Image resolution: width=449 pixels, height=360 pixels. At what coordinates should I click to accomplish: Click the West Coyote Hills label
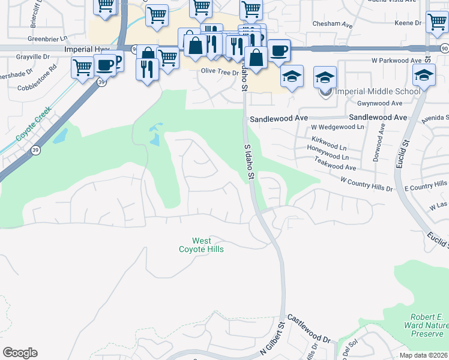[201, 245]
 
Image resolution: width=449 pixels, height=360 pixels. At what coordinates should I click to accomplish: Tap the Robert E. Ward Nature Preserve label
[427, 325]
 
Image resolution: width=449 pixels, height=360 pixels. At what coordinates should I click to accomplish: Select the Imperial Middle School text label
[377, 92]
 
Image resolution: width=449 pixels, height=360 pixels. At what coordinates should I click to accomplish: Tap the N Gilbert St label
[272, 340]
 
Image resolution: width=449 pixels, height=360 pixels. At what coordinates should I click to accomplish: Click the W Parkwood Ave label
[396, 61]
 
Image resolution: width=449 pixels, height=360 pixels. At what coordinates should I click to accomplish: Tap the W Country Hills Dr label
[366, 184]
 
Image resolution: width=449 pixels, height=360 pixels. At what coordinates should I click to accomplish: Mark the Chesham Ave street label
[332, 25]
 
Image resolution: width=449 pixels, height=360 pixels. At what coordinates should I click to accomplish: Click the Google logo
[20, 353]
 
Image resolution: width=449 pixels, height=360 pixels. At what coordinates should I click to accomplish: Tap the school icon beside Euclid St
[424, 76]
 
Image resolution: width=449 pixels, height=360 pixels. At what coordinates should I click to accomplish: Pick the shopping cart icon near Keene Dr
[436, 22]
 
